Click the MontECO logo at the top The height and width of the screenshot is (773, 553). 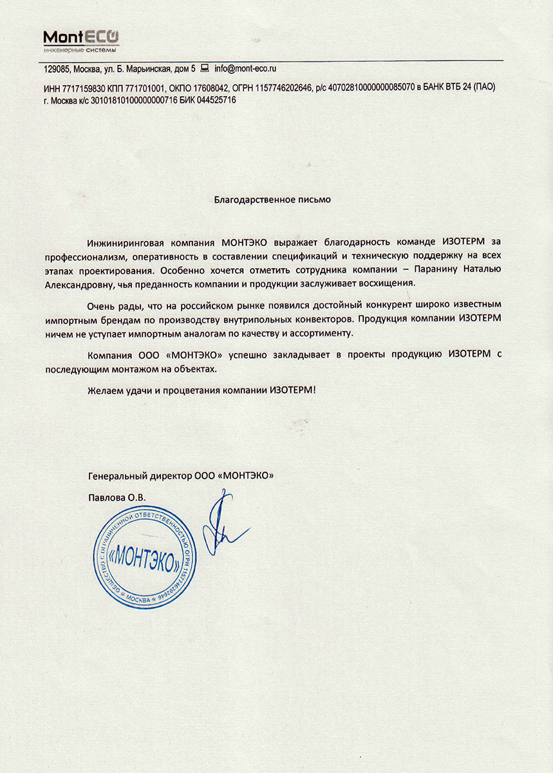click(81, 40)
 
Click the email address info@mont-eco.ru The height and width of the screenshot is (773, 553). click(245, 68)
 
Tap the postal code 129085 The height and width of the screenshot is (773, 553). click(56, 68)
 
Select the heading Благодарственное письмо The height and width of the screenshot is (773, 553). click(272, 200)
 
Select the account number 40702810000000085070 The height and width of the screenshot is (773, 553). click(371, 88)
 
